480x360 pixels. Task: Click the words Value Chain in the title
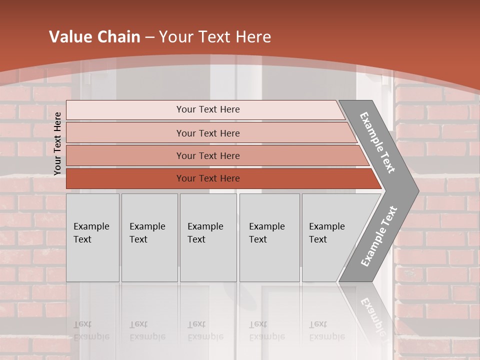coord(94,37)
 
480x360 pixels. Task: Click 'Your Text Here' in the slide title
coord(215,37)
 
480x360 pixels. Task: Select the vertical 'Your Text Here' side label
coord(58,143)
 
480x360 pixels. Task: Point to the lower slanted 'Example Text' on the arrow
coord(379,236)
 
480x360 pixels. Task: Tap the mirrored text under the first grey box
coord(91,330)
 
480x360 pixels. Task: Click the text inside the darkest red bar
coord(208,178)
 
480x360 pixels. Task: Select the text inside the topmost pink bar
coord(208,109)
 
